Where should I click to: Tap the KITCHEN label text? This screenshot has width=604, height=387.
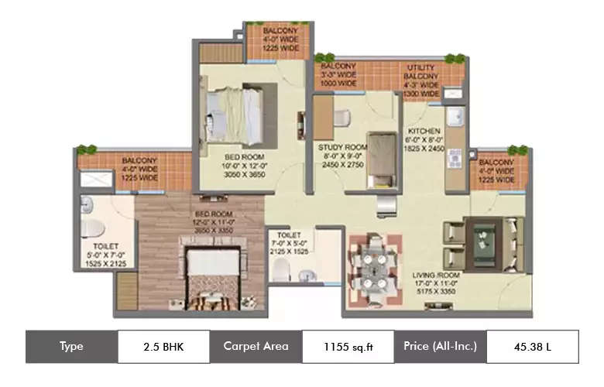point(425,131)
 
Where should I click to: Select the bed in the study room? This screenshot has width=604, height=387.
point(379,159)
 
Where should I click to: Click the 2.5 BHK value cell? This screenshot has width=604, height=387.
point(163,346)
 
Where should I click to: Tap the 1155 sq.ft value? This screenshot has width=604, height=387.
point(348,346)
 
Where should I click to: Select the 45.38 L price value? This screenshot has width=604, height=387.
point(532,346)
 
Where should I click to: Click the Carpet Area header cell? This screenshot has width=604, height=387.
point(256,346)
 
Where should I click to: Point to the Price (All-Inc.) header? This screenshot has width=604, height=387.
point(440,346)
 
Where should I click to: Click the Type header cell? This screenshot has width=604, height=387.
point(71,346)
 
